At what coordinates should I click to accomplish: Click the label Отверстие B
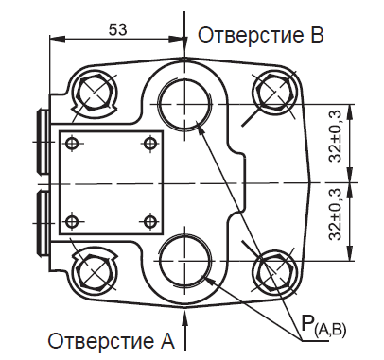point(260,36)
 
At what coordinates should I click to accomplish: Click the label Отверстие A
point(112,339)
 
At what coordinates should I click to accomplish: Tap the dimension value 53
point(117,29)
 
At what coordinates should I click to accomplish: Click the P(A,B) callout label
point(324,327)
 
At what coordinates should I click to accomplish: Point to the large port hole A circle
point(185,259)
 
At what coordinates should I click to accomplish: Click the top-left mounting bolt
point(95,93)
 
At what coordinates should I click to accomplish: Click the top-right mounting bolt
point(278,93)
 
